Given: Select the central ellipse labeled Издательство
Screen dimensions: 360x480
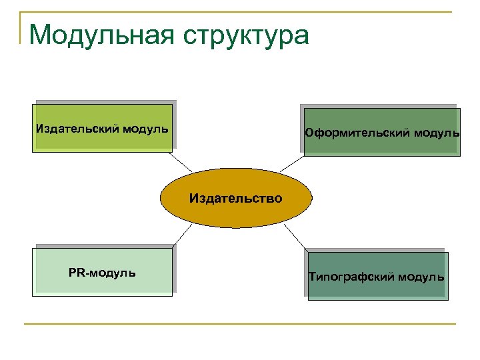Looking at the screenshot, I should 235,198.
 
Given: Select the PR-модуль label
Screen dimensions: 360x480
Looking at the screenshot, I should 102,272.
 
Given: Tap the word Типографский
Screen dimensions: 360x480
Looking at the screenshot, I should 351,276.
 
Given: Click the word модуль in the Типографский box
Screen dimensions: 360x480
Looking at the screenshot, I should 421,276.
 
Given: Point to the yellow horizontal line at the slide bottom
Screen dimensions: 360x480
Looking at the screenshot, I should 240,324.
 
